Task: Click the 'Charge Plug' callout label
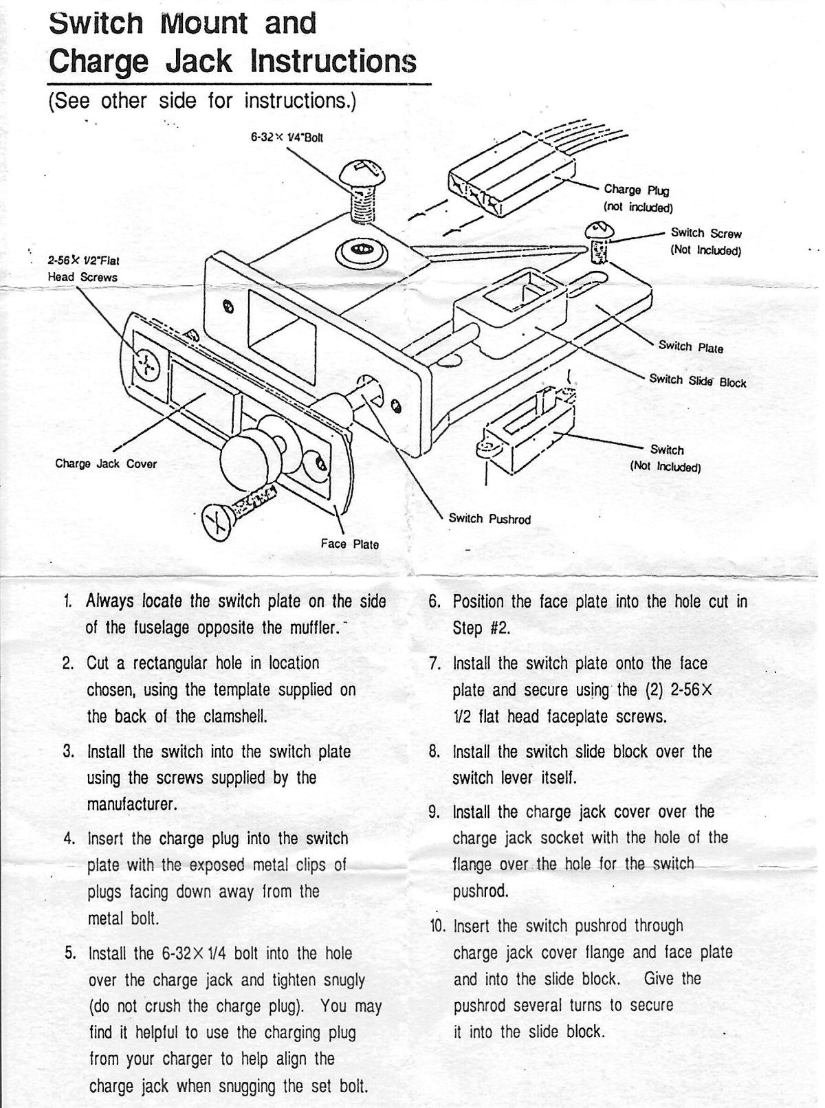[x=636, y=190]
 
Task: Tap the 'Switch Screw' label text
[x=706, y=233]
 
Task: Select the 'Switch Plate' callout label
[x=690, y=346]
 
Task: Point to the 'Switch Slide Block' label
[x=698, y=381]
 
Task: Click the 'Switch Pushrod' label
[x=489, y=518]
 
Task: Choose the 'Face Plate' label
[x=350, y=544]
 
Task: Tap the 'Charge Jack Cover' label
[x=106, y=463]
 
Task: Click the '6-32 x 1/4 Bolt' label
[x=287, y=137]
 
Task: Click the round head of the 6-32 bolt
[x=362, y=173]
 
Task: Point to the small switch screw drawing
[x=599, y=242]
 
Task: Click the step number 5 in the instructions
[x=70, y=953]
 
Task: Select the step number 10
[x=437, y=926]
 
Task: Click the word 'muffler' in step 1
[x=314, y=628]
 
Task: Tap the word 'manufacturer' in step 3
[x=132, y=804]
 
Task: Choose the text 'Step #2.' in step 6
[x=481, y=628]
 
